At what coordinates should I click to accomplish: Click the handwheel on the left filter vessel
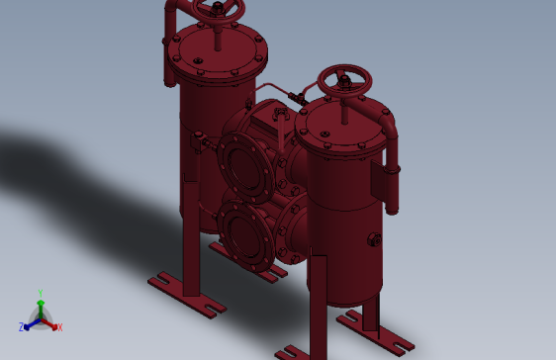[219, 10]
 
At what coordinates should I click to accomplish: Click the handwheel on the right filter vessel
[344, 78]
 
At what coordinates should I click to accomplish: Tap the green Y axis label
[41, 293]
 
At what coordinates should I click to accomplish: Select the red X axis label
[59, 326]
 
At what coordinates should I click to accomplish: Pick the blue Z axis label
[21, 326]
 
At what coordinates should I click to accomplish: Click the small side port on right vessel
[374, 239]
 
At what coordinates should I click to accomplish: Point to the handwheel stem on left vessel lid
[219, 35]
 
